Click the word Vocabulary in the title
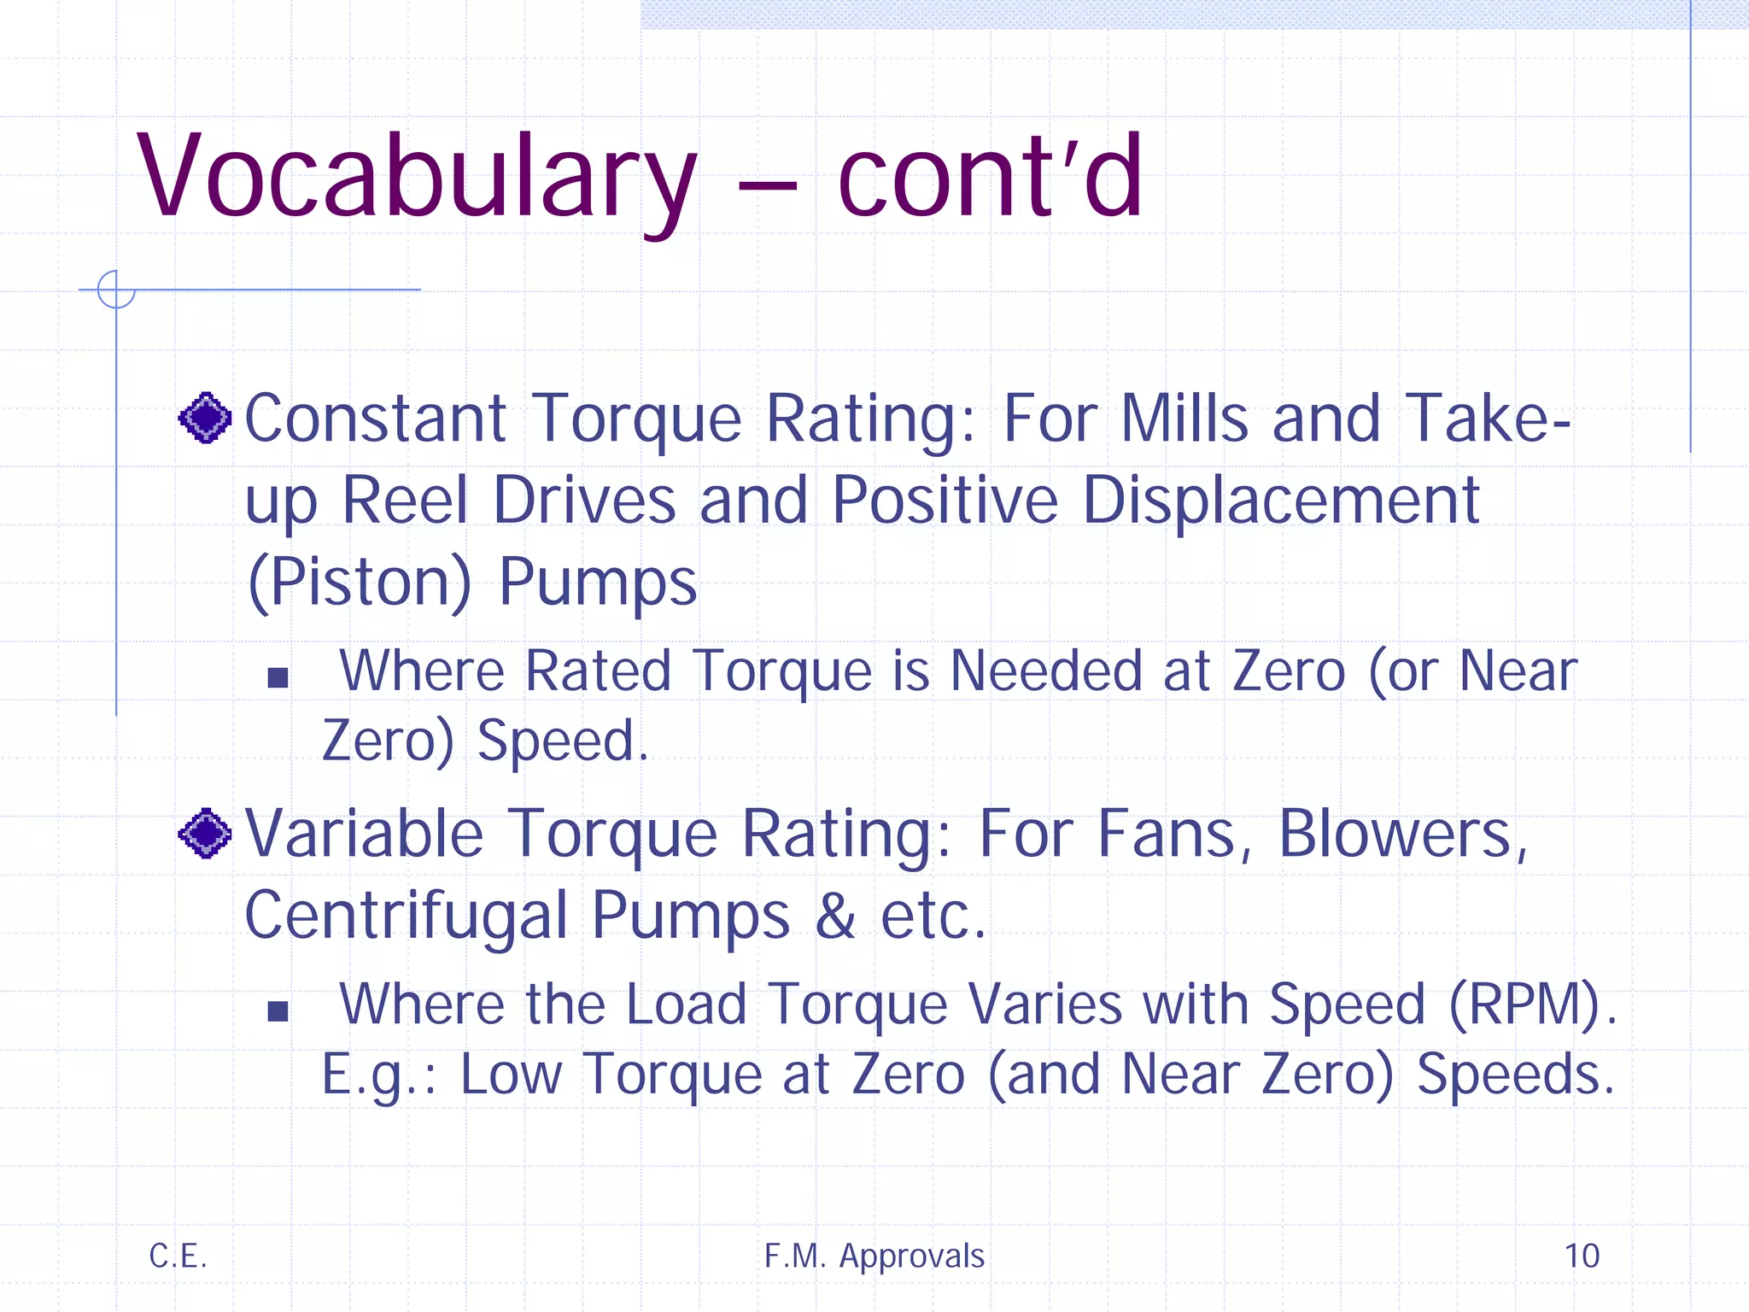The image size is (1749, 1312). coord(417,178)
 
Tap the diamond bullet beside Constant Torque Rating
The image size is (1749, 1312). coord(205,418)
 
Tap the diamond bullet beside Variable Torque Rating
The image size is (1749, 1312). coord(205,833)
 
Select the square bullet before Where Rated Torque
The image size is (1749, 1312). coord(278,677)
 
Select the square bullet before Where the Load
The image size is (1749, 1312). coord(278,1011)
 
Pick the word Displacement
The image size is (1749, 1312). coord(1281,500)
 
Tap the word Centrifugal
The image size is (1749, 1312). coord(406,916)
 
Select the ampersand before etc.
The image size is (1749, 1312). coord(834,916)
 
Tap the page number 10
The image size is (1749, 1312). coord(1582,1256)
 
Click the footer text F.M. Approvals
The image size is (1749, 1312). coord(874,1256)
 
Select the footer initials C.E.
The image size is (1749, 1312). coord(178,1256)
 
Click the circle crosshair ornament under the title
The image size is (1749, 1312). coord(116,290)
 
